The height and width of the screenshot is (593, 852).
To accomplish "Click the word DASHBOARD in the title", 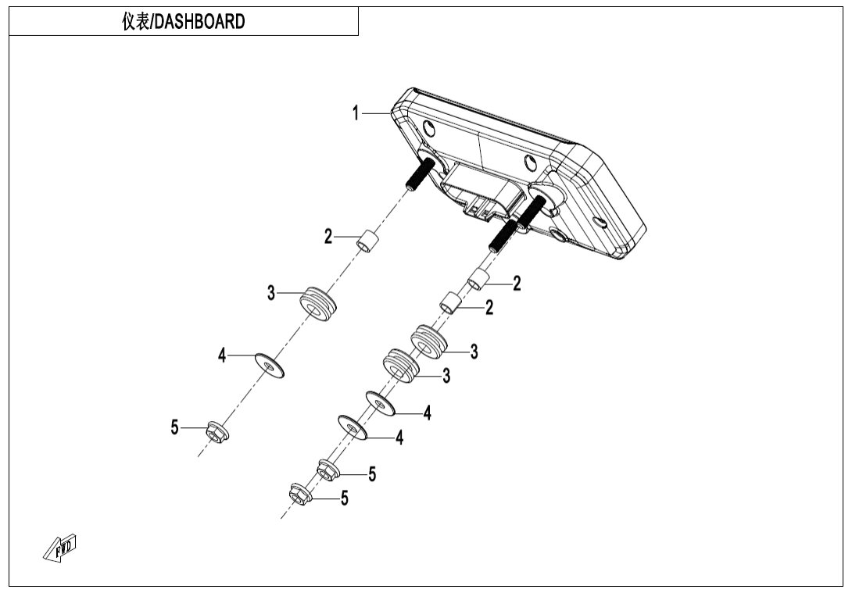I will [200, 22].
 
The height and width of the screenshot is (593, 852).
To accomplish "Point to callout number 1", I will [356, 114].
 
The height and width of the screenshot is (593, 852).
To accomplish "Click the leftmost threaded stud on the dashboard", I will [420, 173].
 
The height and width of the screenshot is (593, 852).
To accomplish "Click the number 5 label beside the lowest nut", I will [344, 498].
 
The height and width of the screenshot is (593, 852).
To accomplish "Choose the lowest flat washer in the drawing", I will [353, 427].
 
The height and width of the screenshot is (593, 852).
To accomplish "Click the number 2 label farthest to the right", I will [517, 284].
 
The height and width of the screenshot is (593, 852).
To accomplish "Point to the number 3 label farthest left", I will [271, 294].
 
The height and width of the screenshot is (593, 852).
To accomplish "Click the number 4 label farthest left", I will [222, 356].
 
